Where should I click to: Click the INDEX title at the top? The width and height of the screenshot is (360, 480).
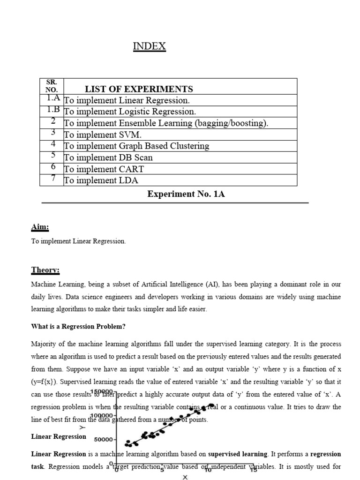pyautogui.click(x=150, y=46)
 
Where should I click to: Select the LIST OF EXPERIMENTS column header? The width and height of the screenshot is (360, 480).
pyautogui.click(x=138, y=89)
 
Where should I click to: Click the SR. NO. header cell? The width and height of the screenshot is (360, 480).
pyautogui.click(x=51, y=86)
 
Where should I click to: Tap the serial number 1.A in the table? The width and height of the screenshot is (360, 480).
pyautogui.click(x=53, y=98)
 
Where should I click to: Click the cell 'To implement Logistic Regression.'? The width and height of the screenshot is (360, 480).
pyautogui.click(x=130, y=112)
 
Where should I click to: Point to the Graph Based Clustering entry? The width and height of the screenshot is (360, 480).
pyautogui.click(x=136, y=146)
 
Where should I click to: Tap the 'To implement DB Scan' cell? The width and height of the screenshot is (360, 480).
pyautogui.click(x=108, y=157)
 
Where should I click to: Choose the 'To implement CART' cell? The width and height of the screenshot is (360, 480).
pyautogui.click(x=104, y=169)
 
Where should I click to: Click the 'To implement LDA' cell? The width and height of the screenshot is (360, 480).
pyautogui.click(x=101, y=180)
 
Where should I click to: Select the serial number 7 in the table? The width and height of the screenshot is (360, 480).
pyautogui.click(x=53, y=179)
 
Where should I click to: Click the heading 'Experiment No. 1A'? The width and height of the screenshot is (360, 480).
pyautogui.click(x=186, y=194)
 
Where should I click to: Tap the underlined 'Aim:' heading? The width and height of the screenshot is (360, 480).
pyautogui.click(x=40, y=227)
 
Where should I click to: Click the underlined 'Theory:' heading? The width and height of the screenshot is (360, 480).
pyautogui.click(x=45, y=270)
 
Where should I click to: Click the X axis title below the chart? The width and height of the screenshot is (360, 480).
pyautogui.click(x=185, y=477)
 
